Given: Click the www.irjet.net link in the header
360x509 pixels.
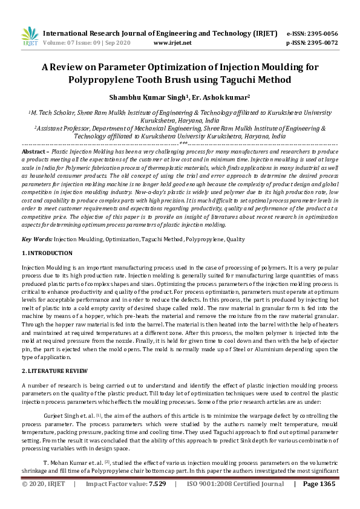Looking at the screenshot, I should [x=172, y=43].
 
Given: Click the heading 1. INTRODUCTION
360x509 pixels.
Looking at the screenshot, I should [x=47, y=253].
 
